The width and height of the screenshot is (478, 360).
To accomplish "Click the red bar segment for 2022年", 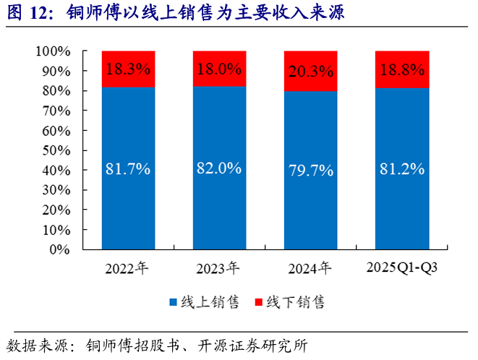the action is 128,69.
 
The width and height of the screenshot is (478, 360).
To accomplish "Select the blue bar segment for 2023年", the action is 220,168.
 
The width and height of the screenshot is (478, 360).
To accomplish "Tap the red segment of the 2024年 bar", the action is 311,71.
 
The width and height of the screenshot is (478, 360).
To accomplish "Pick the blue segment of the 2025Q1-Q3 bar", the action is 402,169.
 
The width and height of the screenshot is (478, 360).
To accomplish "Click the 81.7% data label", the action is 128,168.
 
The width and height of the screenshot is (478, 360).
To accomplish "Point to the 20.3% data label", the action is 311,72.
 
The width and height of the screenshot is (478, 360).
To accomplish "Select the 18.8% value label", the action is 402,70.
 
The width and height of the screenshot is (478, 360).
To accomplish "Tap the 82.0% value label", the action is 219,168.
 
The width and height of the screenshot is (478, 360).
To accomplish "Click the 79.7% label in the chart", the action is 311,171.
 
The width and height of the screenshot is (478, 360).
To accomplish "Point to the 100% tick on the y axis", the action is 54,51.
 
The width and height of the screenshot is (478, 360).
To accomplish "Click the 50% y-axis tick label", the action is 56,150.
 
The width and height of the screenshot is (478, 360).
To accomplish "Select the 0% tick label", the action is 60,249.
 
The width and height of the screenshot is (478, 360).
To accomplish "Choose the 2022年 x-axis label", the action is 127,268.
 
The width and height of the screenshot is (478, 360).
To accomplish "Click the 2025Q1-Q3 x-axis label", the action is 402,267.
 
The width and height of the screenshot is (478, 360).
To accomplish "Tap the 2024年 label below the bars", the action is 310,268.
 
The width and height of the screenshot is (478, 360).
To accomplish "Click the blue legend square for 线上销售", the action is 173,302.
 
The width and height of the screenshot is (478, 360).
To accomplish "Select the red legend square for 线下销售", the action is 258,302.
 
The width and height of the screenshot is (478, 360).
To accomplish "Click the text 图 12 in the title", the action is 27,13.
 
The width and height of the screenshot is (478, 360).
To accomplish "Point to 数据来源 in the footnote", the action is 37,346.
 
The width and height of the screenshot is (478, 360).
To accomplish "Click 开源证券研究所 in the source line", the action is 252,346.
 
